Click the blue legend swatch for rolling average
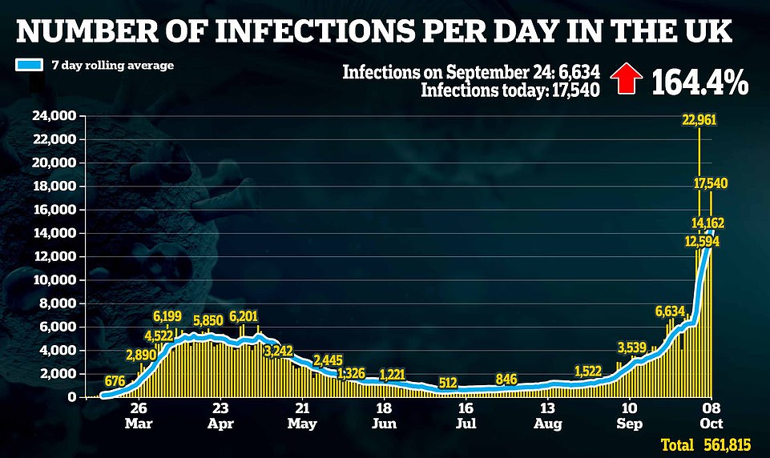[x=31, y=65]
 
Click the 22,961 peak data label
[x=699, y=121]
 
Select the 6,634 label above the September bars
[x=671, y=311]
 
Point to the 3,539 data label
[x=632, y=348]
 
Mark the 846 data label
[x=506, y=379]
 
